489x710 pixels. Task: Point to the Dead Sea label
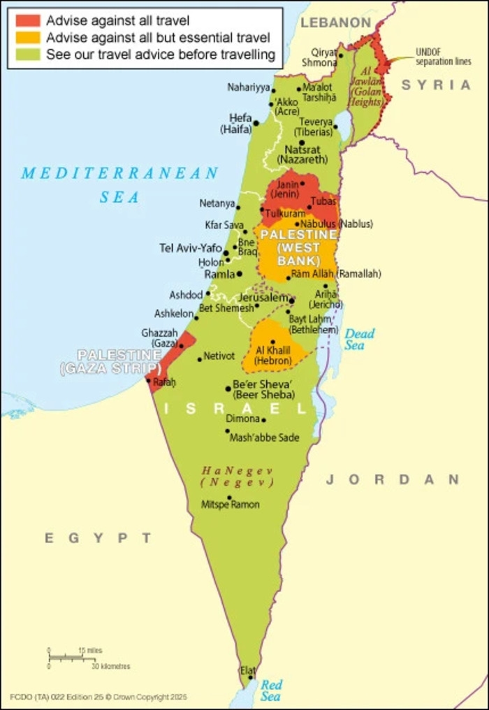tap(359, 339)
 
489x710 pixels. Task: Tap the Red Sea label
tap(271, 690)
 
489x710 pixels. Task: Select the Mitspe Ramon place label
tap(230, 505)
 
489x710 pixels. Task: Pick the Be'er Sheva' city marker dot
tap(228, 389)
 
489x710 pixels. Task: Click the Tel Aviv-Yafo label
tap(191, 248)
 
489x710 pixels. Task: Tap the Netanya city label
tap(217, 204)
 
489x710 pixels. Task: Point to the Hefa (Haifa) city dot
tap(256, 123)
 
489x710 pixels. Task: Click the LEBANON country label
tap(335, 23)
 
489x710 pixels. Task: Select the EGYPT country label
tap(98, 537)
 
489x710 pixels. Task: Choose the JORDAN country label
tap(393, 479)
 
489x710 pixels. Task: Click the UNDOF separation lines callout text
tap(443, 56)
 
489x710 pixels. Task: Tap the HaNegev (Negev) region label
tap(237, 477)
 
